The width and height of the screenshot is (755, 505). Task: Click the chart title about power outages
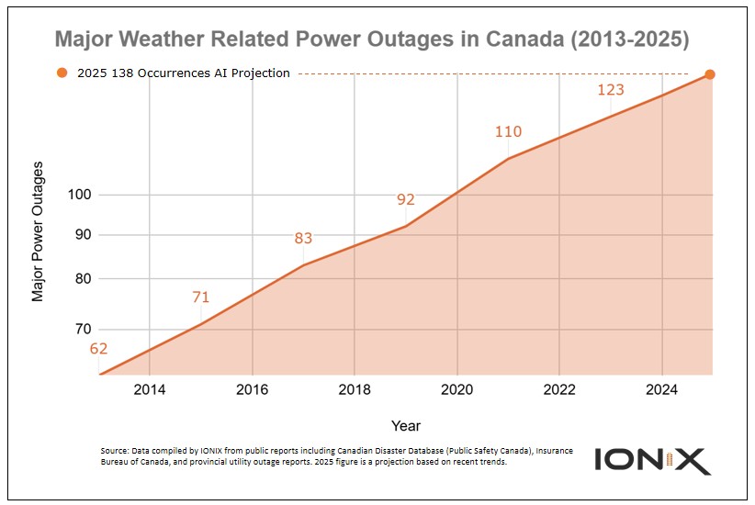coord(372,40)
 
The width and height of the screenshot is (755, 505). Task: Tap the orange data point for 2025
coord(710,74)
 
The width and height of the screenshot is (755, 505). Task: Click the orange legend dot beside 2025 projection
coord(62,73)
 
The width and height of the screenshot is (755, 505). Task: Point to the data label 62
coord(98,348)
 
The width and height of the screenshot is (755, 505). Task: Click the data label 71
coord(201,297)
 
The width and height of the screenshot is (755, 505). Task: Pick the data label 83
coord(303,239)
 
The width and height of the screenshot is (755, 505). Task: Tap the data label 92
coord(406,199)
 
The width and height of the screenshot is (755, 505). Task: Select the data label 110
coord(508,131)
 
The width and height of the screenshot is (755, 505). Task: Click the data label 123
coord(611,90)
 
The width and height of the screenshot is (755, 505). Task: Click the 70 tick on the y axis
coord(81,329)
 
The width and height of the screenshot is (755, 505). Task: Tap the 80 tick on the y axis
coord(81,278)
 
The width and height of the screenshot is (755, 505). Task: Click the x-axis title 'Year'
coord(405,426)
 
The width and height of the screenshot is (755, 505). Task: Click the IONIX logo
coord(652,460)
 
